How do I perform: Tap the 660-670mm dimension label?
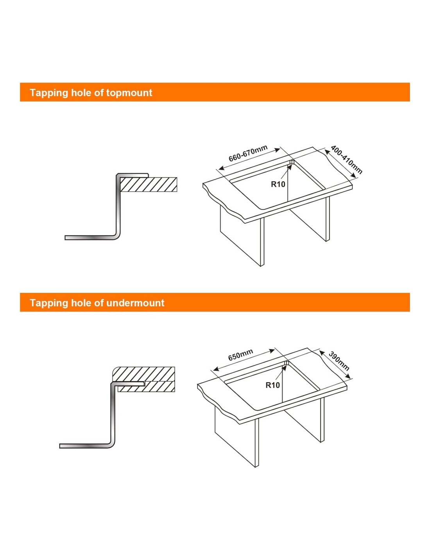pos(248,153)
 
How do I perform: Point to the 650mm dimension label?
pos(240,355)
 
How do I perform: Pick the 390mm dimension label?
pos(339,361)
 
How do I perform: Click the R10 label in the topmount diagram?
pos(278,184)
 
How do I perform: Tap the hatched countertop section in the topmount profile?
pos(149,185)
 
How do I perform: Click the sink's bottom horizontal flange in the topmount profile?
pos(90,238)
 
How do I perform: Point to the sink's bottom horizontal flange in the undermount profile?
pos(84,446)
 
